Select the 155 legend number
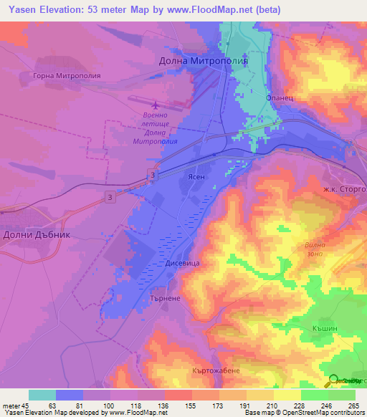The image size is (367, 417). pos(191,406)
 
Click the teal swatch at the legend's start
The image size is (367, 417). pos(42,395)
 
